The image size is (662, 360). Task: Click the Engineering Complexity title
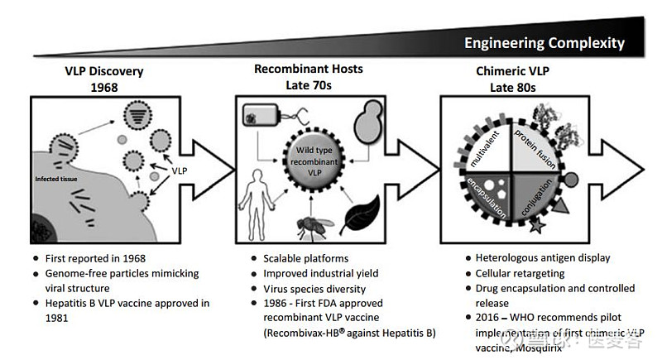click(x=544, y=43)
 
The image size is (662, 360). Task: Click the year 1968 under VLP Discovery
click(x=105, y=85)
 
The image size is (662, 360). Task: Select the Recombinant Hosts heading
click(x=308, y=69)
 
